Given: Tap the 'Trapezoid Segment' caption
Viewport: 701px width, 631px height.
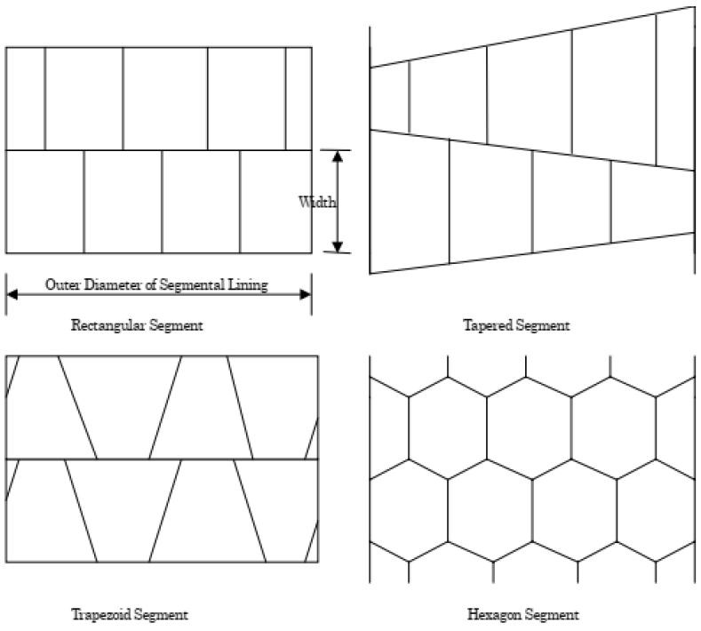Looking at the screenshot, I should click(129, 614).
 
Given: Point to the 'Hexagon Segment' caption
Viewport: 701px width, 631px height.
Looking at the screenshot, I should click(523, 614).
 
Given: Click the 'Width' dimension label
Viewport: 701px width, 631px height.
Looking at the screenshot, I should click(317, 203).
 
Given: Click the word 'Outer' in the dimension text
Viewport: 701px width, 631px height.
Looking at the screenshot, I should click(62, 286).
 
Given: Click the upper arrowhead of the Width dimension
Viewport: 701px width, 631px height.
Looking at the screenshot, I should click(338, 157).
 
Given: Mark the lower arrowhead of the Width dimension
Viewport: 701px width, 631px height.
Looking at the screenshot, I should click(338, 246).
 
